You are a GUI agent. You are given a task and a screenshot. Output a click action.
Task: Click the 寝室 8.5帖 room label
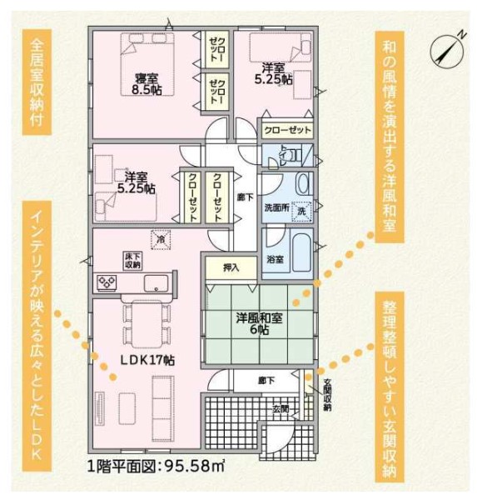pyautogui.click(x=147, y=84)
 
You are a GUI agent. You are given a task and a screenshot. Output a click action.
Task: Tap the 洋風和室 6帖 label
pyautogui.click(x=259, y=323)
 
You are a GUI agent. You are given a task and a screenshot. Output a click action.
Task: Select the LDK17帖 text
pyautogui.click(x=147, y=360)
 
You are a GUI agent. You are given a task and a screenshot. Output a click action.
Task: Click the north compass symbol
pyautogui.click(x=448, y=52)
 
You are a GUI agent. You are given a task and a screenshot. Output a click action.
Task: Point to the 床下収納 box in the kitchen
pyautogui.click(x=132, y=261)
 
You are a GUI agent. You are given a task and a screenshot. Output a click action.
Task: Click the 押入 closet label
pyautogui.click(x=231, y=267)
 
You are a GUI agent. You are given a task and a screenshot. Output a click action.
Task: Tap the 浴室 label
pyautogui.click(x=275, y=259)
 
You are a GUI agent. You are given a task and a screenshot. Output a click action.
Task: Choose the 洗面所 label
pyautogui.click(x=276, y=208)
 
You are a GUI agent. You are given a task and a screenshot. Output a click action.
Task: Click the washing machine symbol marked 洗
pyautogui.click(x=301, y=211)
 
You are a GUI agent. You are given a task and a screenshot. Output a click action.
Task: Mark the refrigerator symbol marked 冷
pyautogui.click(x=161, y=240)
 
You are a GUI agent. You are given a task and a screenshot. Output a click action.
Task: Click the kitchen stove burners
pyautogui.click(x=107, y=282)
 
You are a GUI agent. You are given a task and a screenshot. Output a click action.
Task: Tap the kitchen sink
pyautogui.click(x=157, y=283)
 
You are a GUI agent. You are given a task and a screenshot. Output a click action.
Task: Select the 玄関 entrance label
pyautogui.click(x=281, y=409)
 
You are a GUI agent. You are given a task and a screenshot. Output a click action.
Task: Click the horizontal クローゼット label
pyautogui.click(x=287, y=130)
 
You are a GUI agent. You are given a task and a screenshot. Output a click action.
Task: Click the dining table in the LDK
pyautogui.click(x=147, y=323)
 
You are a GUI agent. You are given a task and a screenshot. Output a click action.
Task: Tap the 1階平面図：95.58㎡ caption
pyautogui.click(x=156, y=466)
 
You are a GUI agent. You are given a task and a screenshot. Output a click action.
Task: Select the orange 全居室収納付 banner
pyautogui.click(x=37, y=82)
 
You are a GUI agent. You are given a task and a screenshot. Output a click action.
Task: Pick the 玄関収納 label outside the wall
pyautogui.click(x=327, y=394)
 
